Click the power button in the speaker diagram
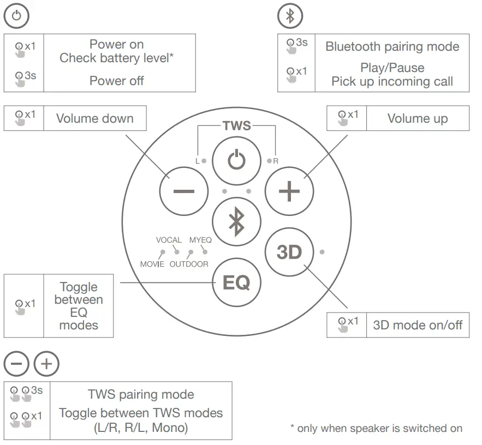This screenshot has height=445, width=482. coord(236,160)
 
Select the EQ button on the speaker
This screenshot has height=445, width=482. coord(236,282)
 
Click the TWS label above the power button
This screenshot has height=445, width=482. coord(236,126)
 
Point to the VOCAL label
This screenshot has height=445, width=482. coord(169,240)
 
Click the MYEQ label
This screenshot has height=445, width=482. coord(200,240)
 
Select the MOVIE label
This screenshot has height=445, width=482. coord(152,264)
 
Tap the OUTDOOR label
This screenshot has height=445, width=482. coord(189,264)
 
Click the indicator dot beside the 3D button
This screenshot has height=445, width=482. coord(322,252)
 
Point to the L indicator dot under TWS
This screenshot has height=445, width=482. coord(204,161)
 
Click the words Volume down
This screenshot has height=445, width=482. coord(95,118)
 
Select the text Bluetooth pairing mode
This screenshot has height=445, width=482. coord(392,46)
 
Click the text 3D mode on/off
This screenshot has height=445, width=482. coord(418,326)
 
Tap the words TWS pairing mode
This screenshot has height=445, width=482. coord(141,394)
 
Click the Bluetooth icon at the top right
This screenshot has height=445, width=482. coord(290,16)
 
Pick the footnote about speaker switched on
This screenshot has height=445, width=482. coord(376,428)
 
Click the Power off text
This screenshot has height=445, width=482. coord(116,81)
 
